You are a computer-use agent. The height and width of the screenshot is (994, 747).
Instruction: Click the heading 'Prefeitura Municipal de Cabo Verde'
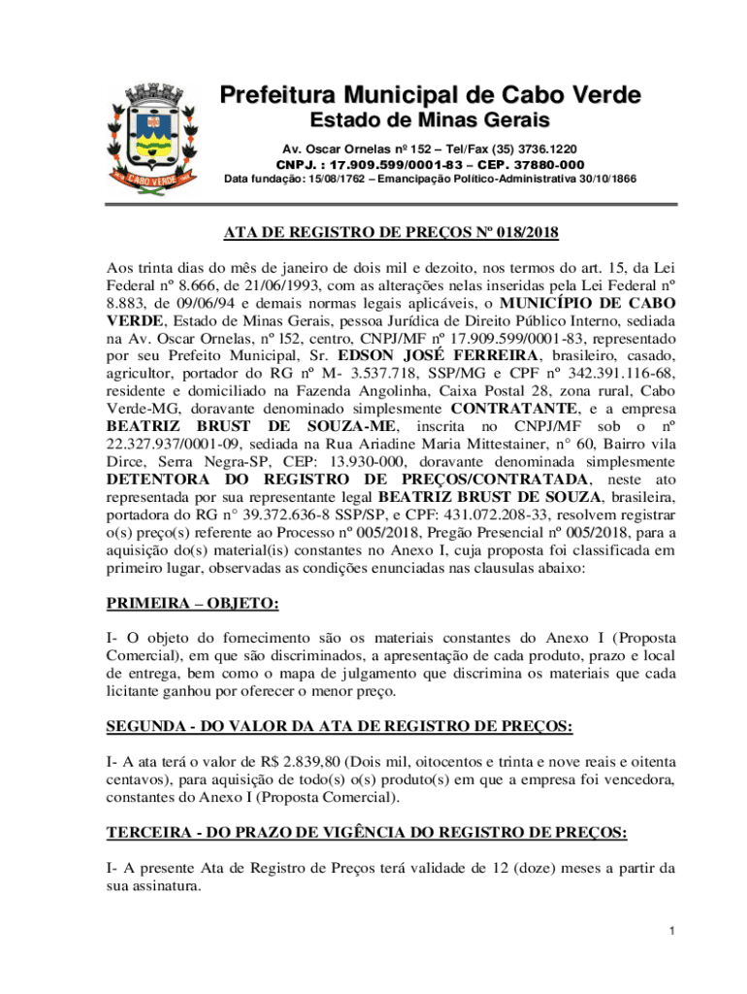(430, 96)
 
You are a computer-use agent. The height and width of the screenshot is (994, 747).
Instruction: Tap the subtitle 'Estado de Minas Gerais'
(430, 122)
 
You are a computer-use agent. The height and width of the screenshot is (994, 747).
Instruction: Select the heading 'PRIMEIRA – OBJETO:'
(192, 604)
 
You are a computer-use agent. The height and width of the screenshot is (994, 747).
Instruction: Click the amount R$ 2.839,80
(276, 760)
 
